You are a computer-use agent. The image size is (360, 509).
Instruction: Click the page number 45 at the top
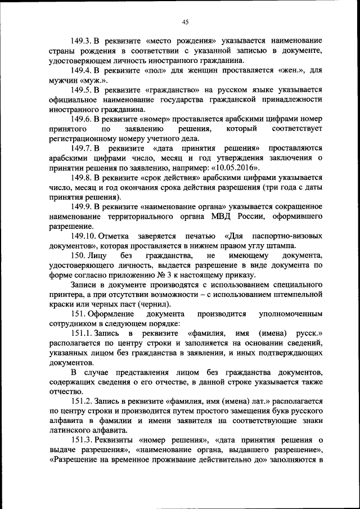coord(185,22)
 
